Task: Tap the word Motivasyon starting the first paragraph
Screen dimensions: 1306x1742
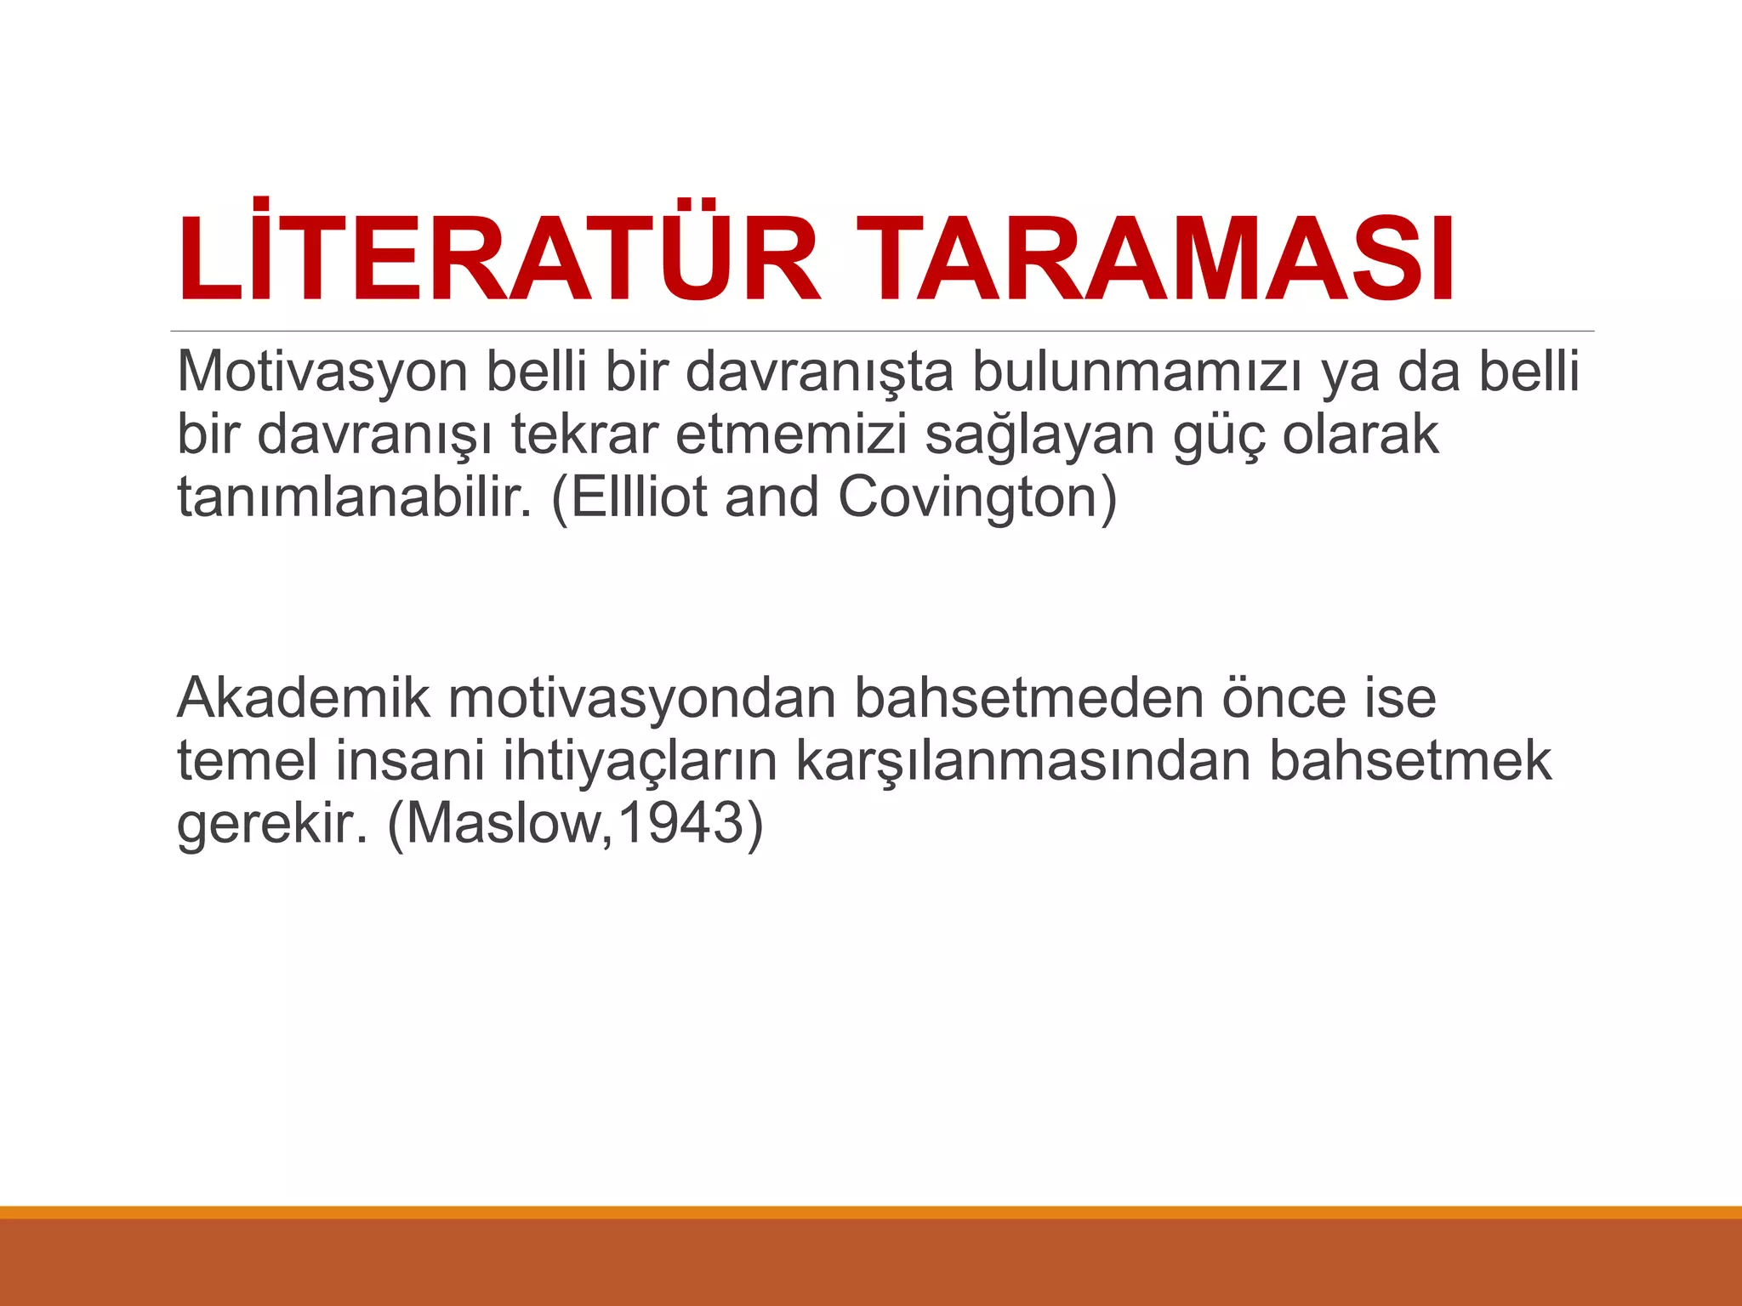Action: tap(322, 372)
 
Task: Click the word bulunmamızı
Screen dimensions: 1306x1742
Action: tap(1136, 372)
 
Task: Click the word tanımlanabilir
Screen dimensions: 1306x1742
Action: tap(354, 497)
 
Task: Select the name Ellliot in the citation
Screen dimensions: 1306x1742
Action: tap(639, 497)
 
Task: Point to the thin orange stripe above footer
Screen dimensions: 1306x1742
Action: tap(871, 1212)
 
